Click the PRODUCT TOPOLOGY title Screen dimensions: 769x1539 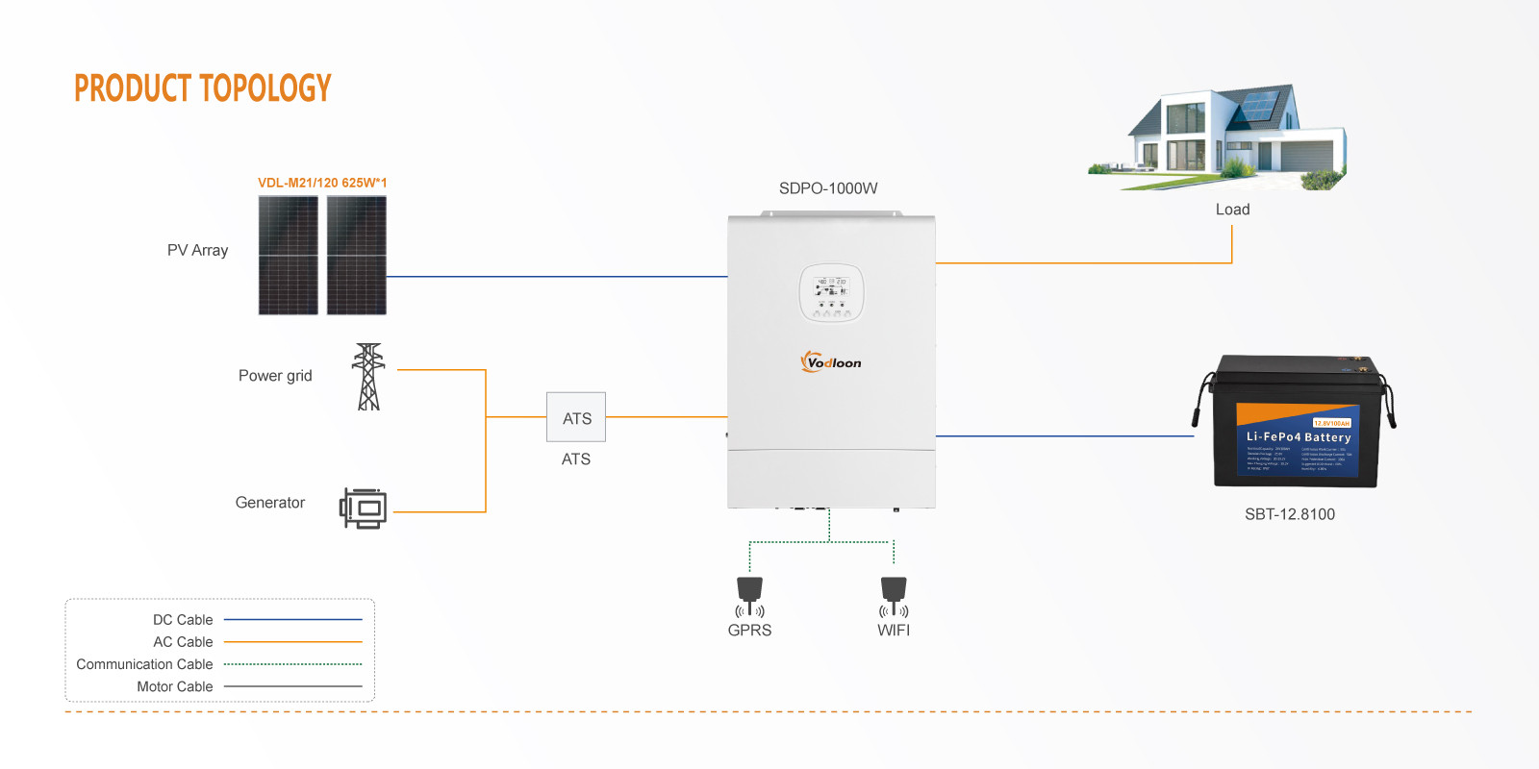tap(202, 88)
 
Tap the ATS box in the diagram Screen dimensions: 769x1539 tap(576, 417)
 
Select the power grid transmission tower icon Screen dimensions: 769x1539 tap(368, 377)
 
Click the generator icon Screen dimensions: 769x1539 tap(364, 508)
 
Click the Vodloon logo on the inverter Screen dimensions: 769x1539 tap(831, 362)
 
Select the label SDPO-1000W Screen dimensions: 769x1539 tap(828, 188)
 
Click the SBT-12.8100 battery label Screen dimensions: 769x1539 tap(1290, 514)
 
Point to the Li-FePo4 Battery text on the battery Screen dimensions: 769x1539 tap(1299, 436)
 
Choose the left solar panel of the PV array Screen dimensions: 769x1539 tap(289, 255)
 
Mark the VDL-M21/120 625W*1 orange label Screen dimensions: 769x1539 tap(322, 183)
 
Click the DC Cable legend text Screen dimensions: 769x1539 tap(183, 620)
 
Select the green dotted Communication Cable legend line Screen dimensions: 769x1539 tap(293, 664)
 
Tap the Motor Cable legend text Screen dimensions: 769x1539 tap(175, 686)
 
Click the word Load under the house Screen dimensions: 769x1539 tap(1232, 210)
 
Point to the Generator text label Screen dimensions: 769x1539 tap(270, 503)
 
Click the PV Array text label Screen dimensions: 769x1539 tap(198, 250)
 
